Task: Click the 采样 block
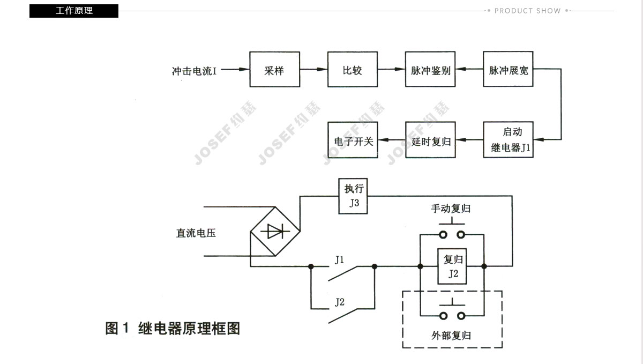pos(274,70)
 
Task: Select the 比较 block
pos(353,70)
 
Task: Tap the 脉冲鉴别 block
pos(430,70)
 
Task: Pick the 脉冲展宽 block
pos(509,70)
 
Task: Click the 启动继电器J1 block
pos(509,140)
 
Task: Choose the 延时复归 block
pos(430,140)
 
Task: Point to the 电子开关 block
pos(353,140)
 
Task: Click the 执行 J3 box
pos(353,196)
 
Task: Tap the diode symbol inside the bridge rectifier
pos(275,232)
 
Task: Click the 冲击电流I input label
pos(194,70)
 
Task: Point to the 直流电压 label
pos(196,233)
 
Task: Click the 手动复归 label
pos(451,209)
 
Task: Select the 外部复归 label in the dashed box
pos(451,336)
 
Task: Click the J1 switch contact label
pos(339,260)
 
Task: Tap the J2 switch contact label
pos(339,302)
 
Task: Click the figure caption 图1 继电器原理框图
pos(173,328)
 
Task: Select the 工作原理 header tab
pos(74,11)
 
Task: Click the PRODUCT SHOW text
pos(527,11)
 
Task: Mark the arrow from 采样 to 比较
pos(313,70)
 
